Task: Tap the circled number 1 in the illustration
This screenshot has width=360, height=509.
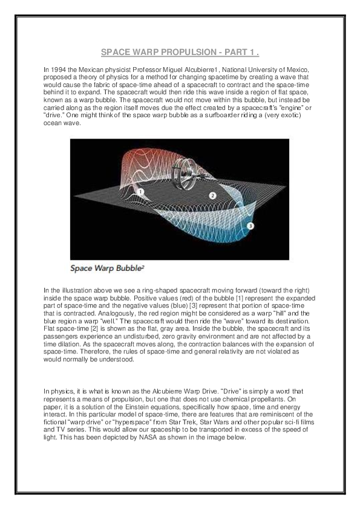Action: pos(140,191)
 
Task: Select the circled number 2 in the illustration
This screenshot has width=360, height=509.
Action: pos(212,195)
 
